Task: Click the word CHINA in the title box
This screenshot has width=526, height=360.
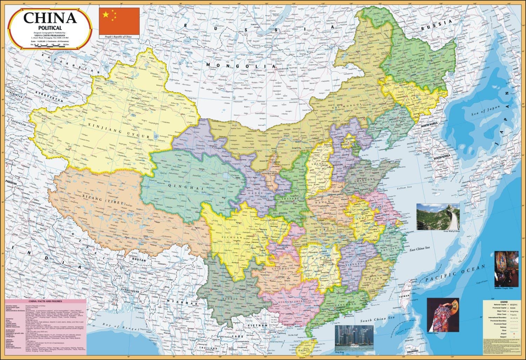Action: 50,18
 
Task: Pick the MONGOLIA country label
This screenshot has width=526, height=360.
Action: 241,66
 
